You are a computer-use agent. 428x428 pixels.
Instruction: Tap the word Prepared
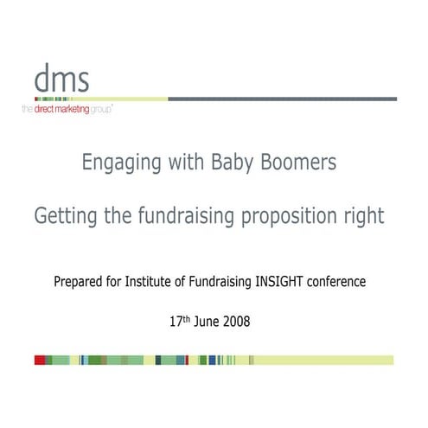[82, 281]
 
